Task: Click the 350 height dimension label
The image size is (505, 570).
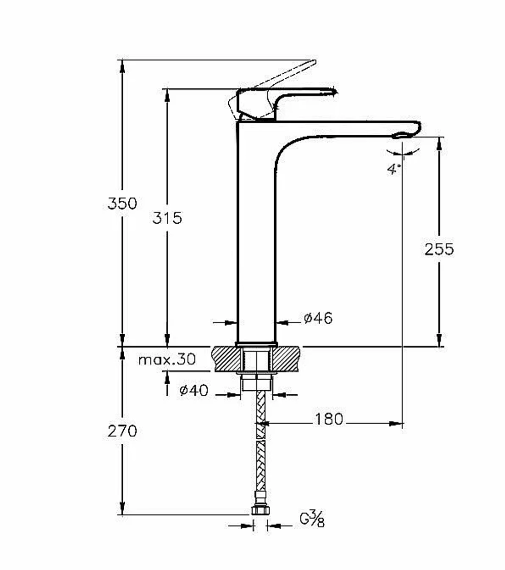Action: [x=122, y=203]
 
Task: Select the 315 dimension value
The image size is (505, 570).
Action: [x=167, y=218]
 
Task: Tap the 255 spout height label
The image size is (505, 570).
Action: [x=439, y=249]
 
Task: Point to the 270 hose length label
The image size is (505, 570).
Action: [x=122, y=431]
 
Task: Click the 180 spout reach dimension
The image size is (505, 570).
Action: [x=329, y=419]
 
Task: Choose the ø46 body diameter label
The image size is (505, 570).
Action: [x=318, y=318]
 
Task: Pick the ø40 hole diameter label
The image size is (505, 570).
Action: [x=194, y=390]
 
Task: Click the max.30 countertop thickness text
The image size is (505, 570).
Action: [x=167, y=359]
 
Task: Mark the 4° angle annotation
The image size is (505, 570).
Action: [x=394, y=169]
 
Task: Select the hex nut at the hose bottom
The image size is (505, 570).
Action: [x=260, y=509]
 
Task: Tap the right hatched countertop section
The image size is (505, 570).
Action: [x=286, y=358]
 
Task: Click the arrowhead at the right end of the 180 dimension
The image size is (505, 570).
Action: [x=397, y=424]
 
